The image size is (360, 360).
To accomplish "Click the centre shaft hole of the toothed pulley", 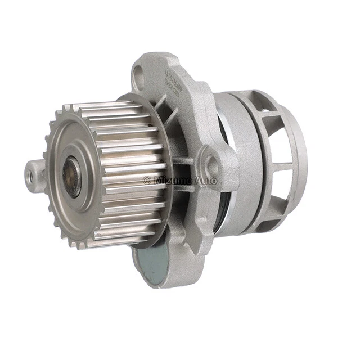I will click(x=72, y=177).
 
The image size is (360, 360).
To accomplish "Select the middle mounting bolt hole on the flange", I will click(x=211, y=165).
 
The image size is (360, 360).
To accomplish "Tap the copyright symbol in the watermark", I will click(x=147, y=181).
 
